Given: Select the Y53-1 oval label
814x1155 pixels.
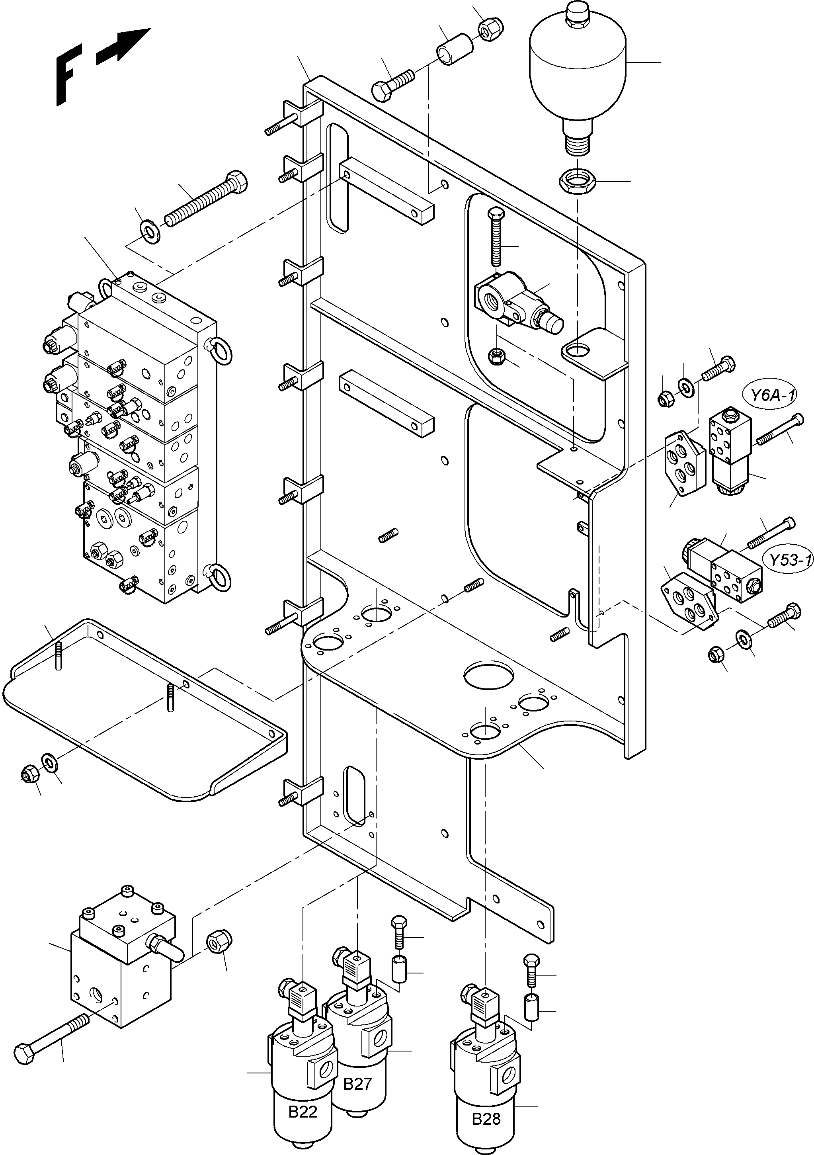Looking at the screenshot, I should tap(788, 559).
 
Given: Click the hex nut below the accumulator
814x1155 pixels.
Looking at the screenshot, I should tap(578, 180).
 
